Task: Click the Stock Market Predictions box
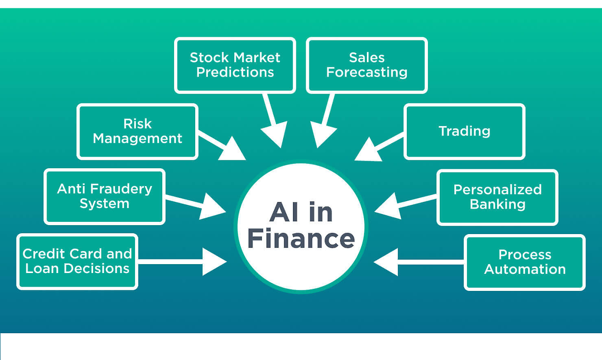(235, 65)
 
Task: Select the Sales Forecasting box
(366, 65)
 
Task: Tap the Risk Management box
(137, 132)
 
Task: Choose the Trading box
(464, 132)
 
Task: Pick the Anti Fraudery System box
(104, 196)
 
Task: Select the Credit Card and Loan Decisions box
(77, 261)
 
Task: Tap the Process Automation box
(524, 262)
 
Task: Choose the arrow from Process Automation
(414, 262)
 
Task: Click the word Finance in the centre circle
(301, 238)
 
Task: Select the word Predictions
(235, 72)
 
